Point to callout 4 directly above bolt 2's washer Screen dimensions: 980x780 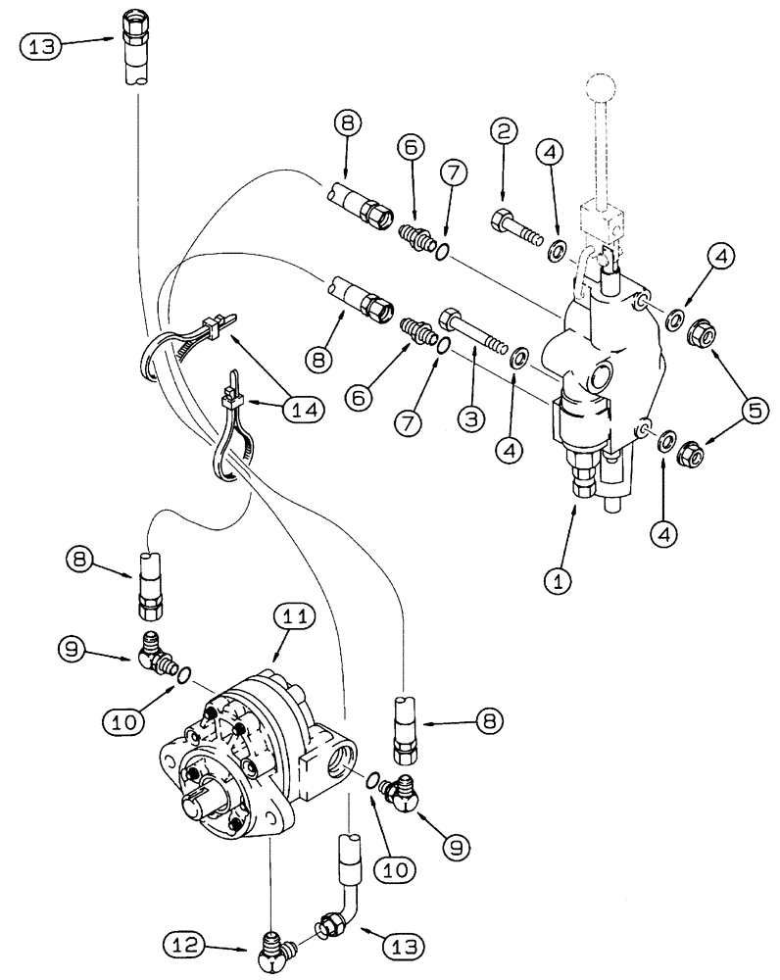548,154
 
